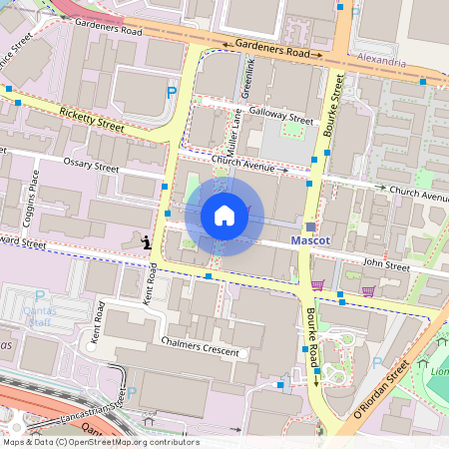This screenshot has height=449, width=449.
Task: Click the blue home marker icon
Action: (224, 216)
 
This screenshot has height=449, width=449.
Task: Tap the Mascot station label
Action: (310, 241)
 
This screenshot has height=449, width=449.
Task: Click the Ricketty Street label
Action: (92, 120)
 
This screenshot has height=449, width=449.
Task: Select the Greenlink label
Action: (249, 79)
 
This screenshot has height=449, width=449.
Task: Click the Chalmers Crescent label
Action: (201, 346)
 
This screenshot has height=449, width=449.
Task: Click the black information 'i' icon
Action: (147, 241)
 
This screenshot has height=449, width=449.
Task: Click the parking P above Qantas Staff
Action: (40, 296)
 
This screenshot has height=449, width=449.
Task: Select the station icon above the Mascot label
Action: (310, 226)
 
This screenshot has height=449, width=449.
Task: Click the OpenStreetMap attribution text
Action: (87, 441)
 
